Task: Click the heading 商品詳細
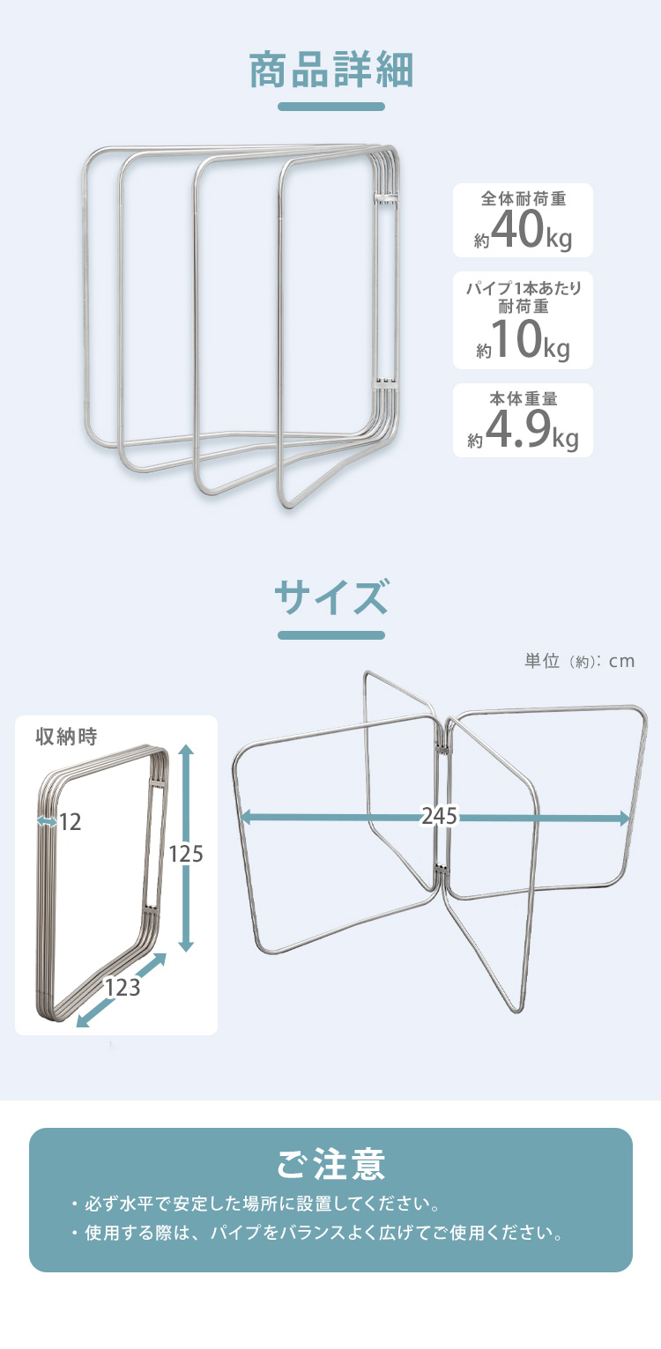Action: click(330, 70)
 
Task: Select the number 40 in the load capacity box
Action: click(517, 229)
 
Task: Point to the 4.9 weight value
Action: click(519, 428)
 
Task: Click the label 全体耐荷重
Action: click(523, 198)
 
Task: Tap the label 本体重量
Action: click(523, 398)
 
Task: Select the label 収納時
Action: click(66, 736)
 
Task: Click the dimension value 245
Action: click(439, 816)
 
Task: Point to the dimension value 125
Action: click(186, 854)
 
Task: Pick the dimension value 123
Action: click(123, 988)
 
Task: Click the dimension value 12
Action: click(70, 822)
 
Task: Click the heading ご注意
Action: click(330, 1165)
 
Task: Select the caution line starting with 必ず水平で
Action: click(256, 1204)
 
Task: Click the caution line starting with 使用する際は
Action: click(317, 1233)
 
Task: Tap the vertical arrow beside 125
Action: click(186, 848)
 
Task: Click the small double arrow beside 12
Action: click(47, 821)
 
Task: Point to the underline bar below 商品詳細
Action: click(330, 107)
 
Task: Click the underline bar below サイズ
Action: click(330, 634)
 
